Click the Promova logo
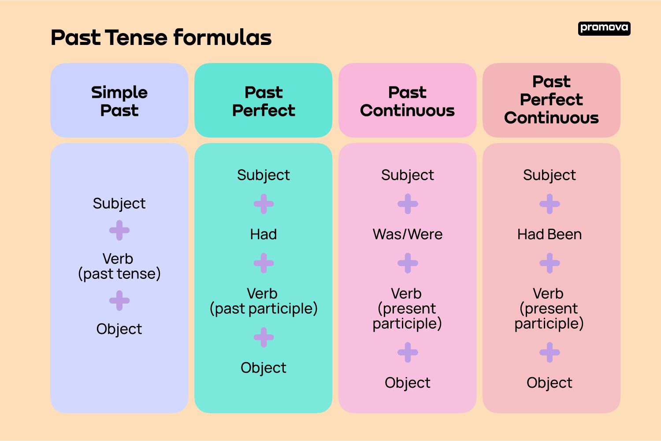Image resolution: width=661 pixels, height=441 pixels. click(604, 28)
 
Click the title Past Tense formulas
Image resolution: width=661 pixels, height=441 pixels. click(161, 37)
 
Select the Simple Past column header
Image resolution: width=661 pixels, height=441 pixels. click(119, 101)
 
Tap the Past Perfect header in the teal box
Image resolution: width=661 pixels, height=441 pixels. click(264, 101)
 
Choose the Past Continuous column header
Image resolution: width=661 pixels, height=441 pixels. click(407, 101)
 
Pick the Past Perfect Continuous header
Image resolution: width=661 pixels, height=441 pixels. click(551, 100)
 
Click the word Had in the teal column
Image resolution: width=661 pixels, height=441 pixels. click(264, 234)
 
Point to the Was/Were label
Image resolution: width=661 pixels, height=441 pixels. click(408, 234)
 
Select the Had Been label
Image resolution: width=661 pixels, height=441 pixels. click(550, 234)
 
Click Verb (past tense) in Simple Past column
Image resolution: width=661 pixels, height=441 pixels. click(119, 266)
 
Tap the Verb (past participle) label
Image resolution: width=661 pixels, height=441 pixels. click(264, 301)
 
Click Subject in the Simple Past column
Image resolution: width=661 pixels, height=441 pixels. click(119, 203)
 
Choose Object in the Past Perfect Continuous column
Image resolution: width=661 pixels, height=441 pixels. click(550, 382)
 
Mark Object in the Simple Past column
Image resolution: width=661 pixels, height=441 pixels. click(119, 329)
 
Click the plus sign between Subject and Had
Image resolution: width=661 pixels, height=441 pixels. click(264, 204)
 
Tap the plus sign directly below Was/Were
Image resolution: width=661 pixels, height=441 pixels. click(408, 263)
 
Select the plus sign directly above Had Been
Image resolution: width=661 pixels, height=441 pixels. click(550, 204)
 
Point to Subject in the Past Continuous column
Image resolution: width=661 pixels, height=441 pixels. click(408, 175)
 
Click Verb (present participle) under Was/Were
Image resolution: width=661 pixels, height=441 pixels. click(407, 308)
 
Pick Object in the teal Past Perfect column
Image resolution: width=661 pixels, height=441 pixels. click(264, 367)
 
